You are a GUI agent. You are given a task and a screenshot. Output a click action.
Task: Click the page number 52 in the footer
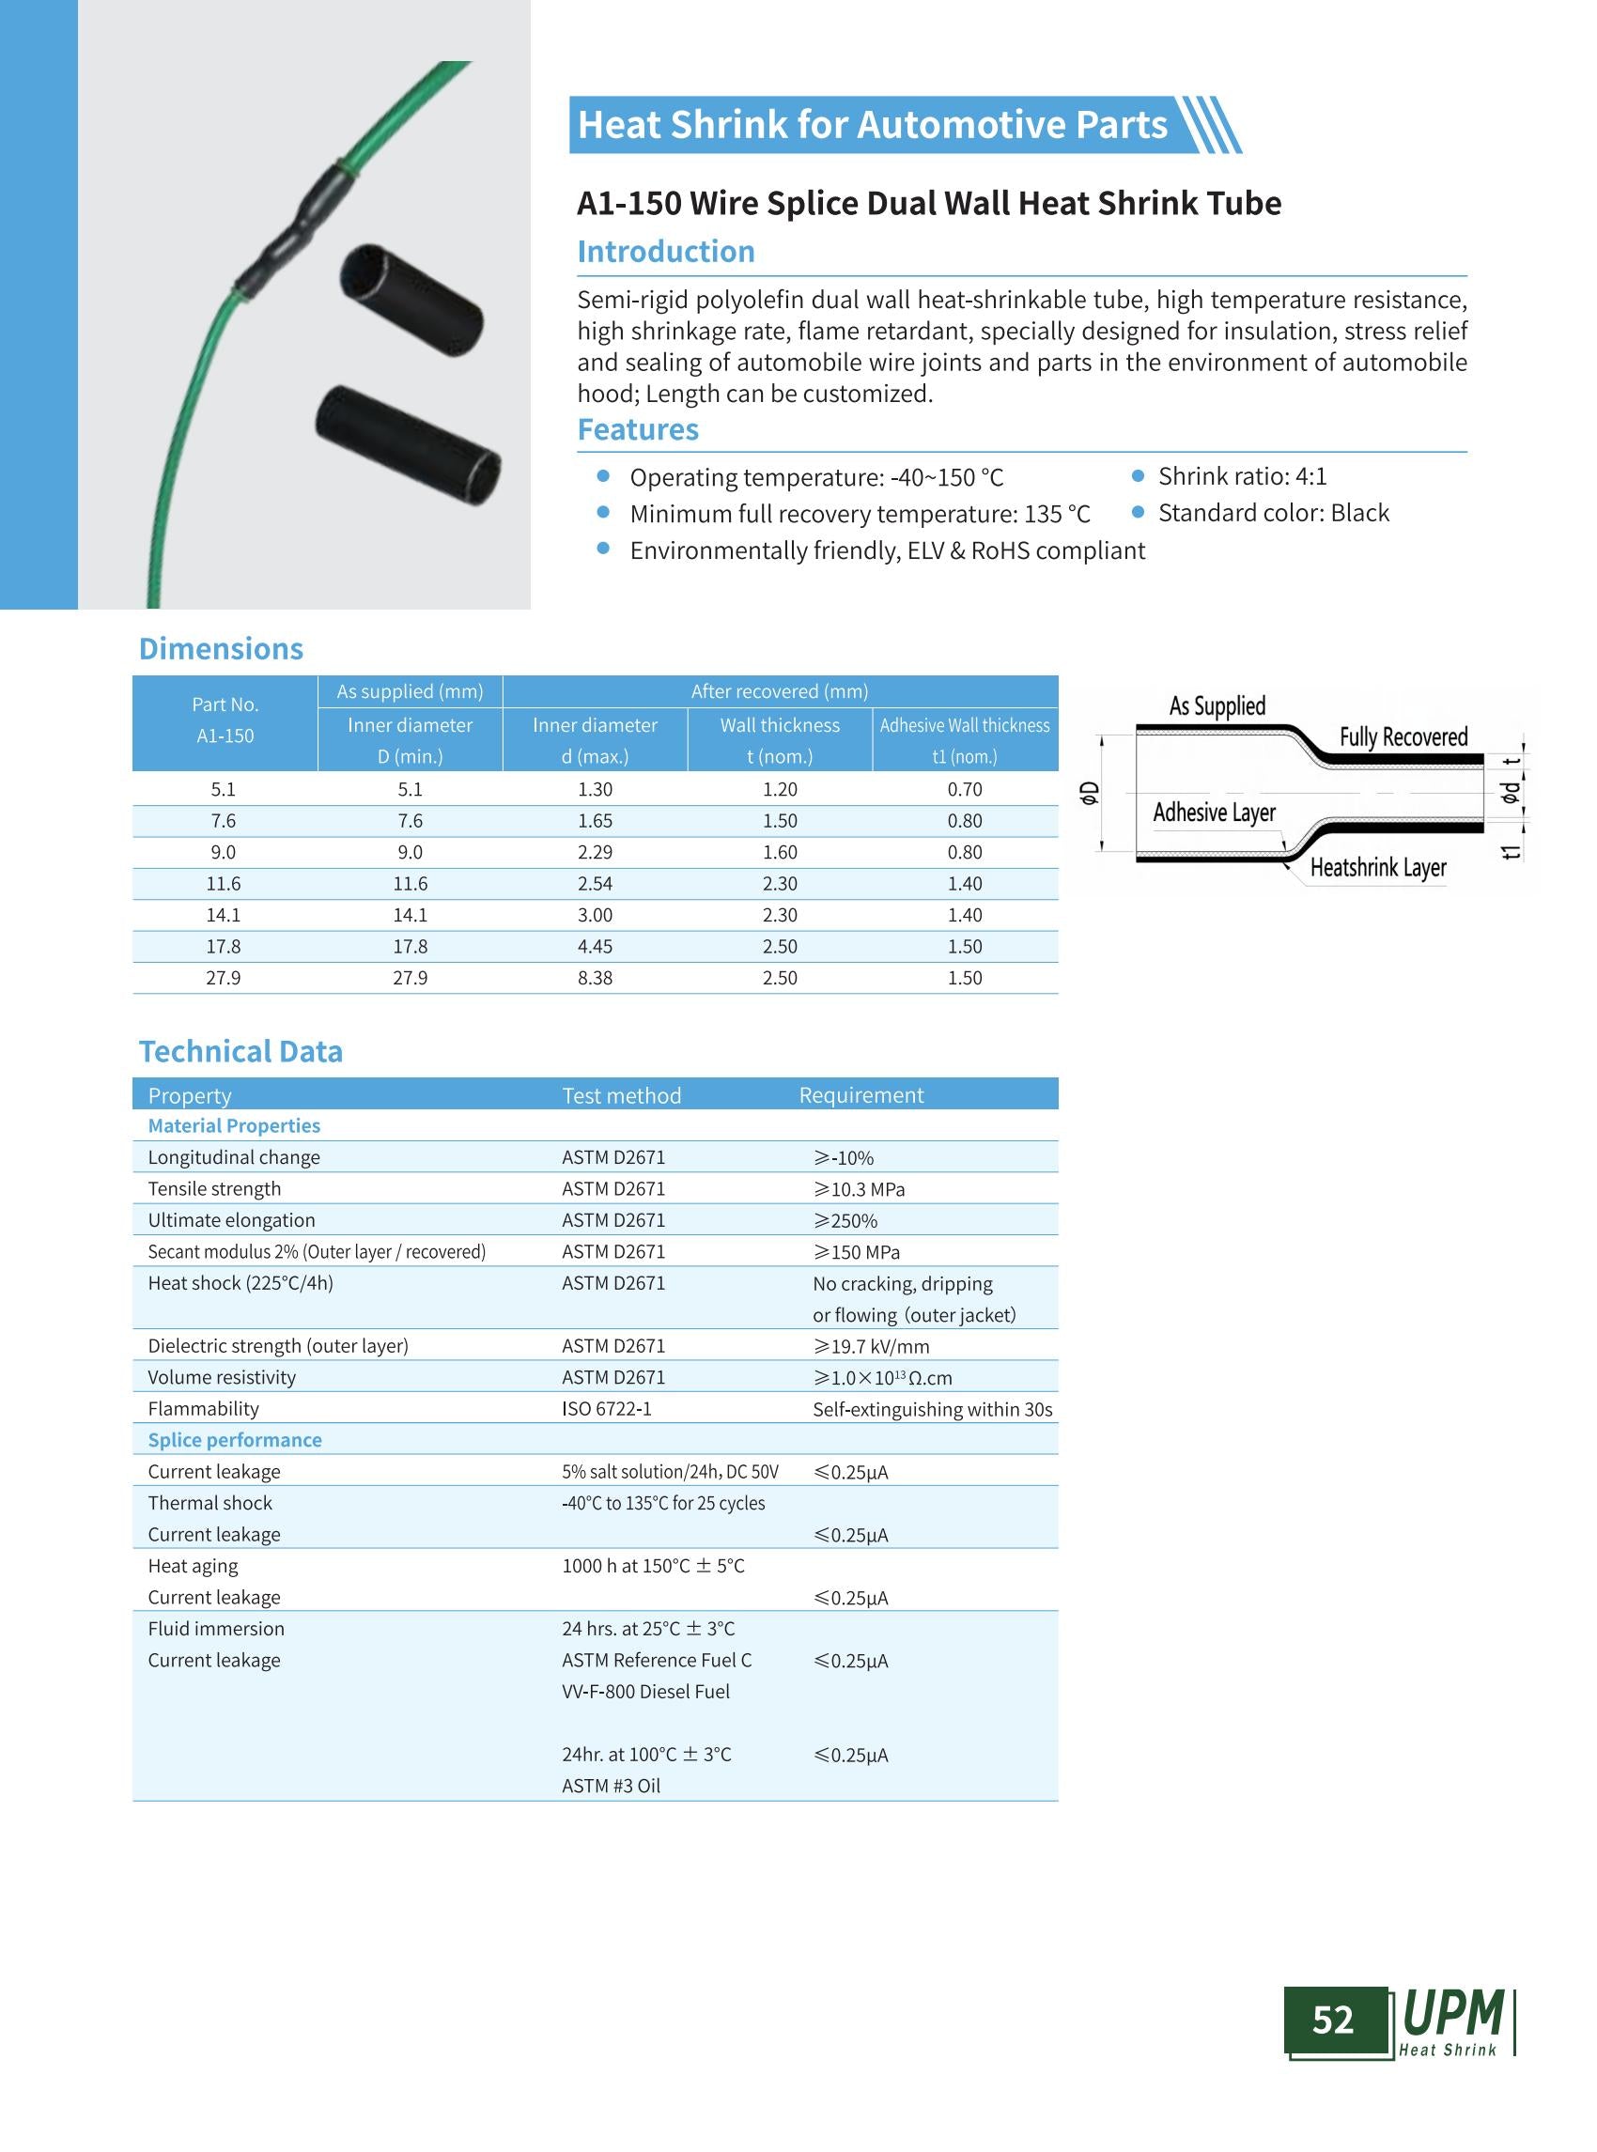coord(1332,2020)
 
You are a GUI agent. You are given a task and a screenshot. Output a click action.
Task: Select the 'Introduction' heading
coord(665,252)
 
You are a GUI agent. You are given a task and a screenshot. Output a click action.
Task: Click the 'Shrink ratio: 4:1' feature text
coord(1242,476)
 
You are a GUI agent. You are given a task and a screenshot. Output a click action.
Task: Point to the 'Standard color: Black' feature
coord(1273,514)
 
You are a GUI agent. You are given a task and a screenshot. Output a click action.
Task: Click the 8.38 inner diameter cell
coord(595,978)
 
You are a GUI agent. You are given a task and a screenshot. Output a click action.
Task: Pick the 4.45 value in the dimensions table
coord(595,947)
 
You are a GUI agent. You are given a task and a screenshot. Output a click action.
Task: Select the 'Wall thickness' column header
coord(779,725)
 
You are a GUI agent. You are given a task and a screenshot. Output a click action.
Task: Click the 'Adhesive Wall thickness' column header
coord(964,725)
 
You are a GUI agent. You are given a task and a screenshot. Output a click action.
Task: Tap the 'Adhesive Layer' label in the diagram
coord(1213,813)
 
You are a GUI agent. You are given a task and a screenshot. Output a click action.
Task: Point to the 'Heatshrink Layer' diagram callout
coord(1377,867)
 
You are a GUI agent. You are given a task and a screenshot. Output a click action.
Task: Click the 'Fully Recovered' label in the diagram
coord(1403,736)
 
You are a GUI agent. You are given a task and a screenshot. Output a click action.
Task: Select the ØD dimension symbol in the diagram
coord(1090,794)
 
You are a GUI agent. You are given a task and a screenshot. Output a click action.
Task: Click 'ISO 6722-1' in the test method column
coord(606,1409)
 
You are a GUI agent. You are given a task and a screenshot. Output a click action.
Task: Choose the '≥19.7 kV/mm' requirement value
coord(871,1346)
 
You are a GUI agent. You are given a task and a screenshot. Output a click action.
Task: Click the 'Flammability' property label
coord(203,1409)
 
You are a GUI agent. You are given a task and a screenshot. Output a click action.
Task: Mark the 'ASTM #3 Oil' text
coord(611,1786)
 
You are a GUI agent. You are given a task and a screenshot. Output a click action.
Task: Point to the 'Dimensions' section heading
coord(221,649)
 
